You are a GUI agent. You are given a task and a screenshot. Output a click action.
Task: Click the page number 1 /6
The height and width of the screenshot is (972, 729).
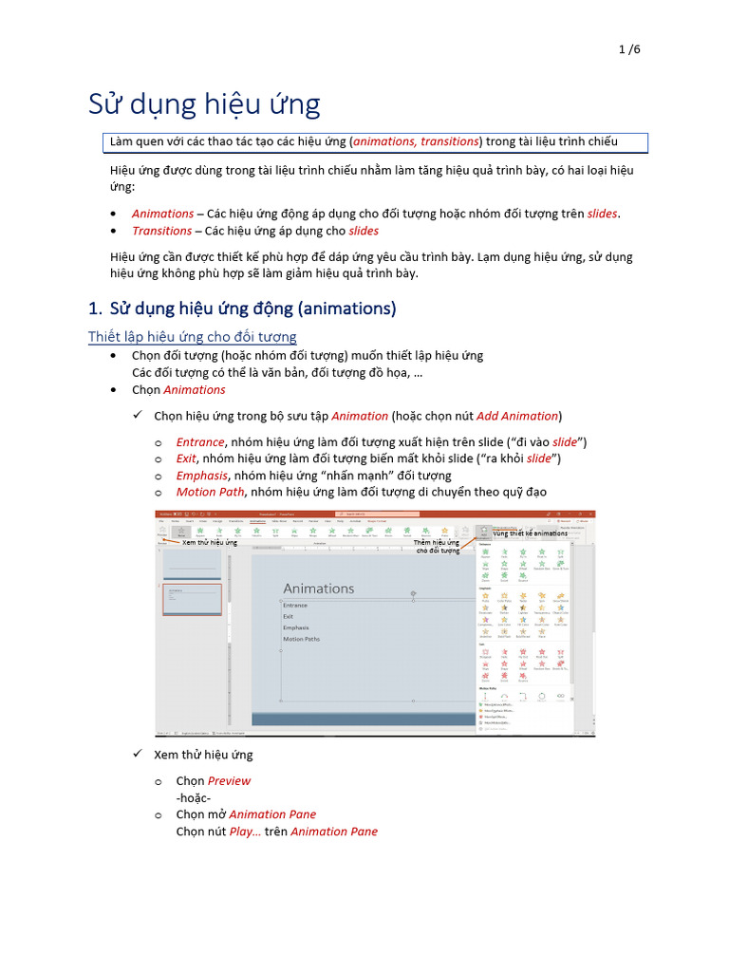[x=629, y=49]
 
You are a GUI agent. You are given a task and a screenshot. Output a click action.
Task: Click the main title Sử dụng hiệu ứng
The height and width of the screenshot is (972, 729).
[x=204, y=103]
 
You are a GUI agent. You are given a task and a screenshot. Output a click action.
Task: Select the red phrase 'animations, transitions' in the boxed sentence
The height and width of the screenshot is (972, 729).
[x=416, y=141]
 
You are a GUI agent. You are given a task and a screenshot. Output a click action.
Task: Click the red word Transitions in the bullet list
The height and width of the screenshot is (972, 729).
[x=161, y=231]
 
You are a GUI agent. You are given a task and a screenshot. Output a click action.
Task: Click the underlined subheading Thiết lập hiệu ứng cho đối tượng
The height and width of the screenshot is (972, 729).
[x=192, y=337]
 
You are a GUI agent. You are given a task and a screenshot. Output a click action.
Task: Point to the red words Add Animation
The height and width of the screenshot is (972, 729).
[x=517, y=416]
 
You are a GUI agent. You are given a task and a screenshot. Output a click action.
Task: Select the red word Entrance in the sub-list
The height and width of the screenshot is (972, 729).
[x=199, y=442]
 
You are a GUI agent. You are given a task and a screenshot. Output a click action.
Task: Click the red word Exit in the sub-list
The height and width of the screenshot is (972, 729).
[x=186, y=459]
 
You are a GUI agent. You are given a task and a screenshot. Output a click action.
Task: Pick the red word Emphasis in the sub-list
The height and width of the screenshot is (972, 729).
[x=201, y=476]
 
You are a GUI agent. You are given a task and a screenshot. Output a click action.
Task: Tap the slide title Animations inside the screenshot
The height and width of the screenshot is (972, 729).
[x=318, y=589]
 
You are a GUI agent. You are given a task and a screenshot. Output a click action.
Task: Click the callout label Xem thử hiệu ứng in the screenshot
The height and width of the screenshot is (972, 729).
[x=209, y=542]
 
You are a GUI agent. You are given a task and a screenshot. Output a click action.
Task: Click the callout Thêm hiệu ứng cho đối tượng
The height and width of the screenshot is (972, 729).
[x=437, y=546]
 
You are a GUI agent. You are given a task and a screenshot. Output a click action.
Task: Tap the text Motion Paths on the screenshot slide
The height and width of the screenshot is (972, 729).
[x=301, y=639]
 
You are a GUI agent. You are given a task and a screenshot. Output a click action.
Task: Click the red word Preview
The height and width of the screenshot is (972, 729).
[x=229, y=781]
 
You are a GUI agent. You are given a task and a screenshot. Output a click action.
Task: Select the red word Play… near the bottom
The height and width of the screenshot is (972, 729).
[x=245, y=832]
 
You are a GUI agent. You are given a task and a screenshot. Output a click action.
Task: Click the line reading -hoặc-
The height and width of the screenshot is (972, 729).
[x=193, y=798]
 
